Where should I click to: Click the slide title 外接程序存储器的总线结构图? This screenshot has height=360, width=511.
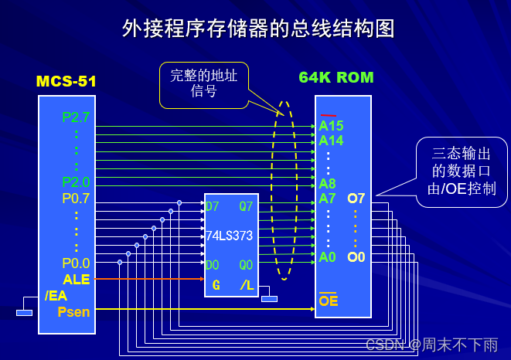258,29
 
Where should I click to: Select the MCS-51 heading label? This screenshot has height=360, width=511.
66,80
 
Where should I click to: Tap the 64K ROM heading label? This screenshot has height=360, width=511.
336,77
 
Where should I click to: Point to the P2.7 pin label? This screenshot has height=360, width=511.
76,117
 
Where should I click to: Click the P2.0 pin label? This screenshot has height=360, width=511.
76,182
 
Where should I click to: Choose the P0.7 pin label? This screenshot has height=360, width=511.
76,199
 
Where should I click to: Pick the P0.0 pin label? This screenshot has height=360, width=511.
76,263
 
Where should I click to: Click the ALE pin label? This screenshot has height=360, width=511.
77,279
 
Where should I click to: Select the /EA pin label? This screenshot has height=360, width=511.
56,295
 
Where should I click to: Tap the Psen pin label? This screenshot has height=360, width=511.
73,312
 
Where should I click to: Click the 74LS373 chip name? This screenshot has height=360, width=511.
229,235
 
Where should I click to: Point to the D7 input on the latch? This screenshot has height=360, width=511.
212,206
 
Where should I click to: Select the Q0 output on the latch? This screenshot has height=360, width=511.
246,265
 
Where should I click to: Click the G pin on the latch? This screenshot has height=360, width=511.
216,286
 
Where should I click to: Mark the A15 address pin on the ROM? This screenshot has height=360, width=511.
331,126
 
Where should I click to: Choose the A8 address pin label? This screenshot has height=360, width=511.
327,184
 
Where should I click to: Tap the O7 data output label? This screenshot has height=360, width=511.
356,199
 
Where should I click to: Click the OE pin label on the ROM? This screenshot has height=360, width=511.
329,301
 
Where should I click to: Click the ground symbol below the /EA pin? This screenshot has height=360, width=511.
25,312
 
